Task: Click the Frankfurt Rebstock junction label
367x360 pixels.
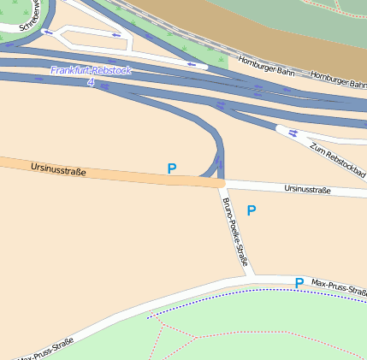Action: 91,70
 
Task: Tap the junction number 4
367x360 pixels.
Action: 91,82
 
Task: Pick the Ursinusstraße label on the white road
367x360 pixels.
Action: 307,189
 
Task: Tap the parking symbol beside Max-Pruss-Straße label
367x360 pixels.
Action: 299,283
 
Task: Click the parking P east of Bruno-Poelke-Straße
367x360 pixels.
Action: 251,210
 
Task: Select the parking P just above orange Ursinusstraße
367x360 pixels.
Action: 172,168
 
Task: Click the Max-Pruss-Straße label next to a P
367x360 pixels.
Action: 339,287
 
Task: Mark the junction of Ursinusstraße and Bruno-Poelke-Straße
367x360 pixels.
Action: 220,183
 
